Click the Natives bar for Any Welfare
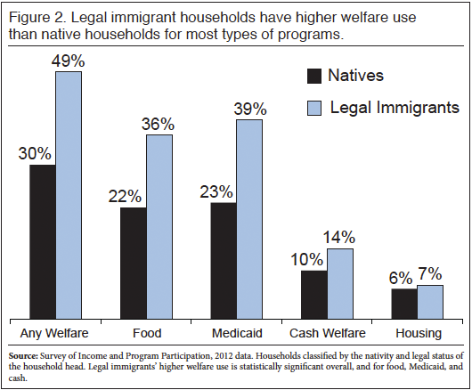[42, 241]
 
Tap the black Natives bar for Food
[133, 263]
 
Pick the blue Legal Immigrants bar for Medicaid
[249, 218]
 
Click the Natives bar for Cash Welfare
[313, 294]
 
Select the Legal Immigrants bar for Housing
[430, 301]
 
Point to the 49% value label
[69, 60]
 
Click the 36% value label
[159, 123]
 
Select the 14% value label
[339, 237]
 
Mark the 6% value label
[403, 277]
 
